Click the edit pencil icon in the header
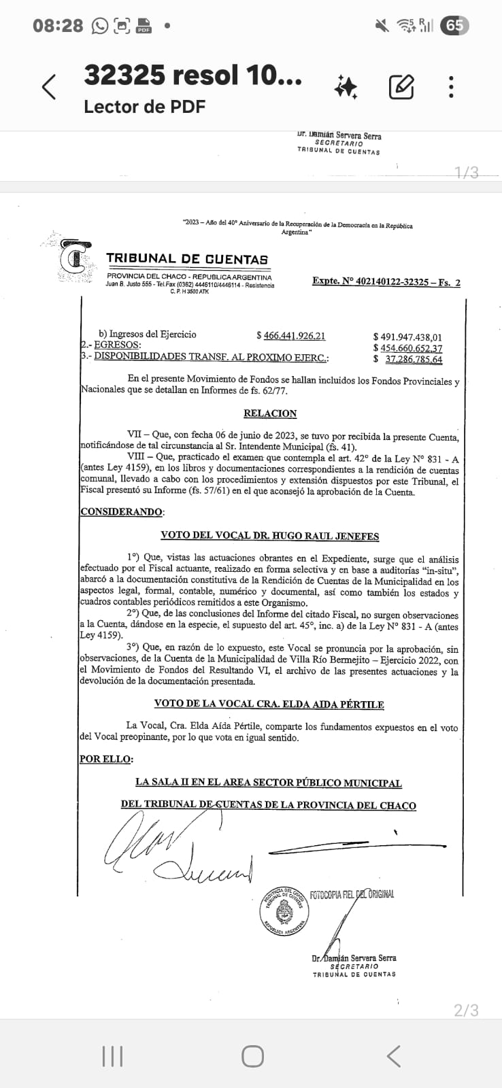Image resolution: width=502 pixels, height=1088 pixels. pos(401,87)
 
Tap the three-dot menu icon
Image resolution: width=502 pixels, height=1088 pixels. pos(451,87)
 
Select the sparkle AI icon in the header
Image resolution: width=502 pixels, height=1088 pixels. pos(346,88)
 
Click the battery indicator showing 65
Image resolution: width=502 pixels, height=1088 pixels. pos(454,26)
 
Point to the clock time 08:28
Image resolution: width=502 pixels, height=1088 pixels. pos(58,26)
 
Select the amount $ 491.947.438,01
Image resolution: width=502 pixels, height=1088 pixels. pos(407,337)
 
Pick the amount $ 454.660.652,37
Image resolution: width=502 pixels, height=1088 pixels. pos(407,348)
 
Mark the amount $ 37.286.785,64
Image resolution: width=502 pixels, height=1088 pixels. pos(408,360)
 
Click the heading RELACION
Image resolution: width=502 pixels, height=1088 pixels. pos(270,413)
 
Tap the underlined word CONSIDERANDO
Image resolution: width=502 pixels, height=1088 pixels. pos(122,512)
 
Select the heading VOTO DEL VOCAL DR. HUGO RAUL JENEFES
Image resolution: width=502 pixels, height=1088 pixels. pos(269,536)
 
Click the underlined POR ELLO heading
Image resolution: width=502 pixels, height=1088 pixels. pos(107,759)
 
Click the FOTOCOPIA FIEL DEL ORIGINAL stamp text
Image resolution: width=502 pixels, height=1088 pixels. pos(352,894)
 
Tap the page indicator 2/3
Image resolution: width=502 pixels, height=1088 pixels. pos(466,1010)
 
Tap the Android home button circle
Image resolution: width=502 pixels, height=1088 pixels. pos(252,1056)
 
